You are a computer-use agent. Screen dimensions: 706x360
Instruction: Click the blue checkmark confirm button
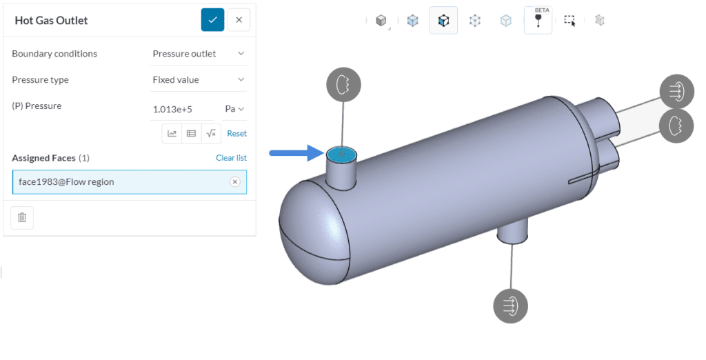point(212,20)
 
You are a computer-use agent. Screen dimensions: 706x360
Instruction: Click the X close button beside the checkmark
point(239,20)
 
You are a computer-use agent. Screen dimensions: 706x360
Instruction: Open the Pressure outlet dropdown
point(198,54)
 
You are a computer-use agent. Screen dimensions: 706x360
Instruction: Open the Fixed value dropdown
point(198,80)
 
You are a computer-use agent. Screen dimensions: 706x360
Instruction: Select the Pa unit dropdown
point(234,109)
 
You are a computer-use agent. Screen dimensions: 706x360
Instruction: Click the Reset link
point(237,133)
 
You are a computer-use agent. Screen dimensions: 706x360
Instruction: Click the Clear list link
point(231,158)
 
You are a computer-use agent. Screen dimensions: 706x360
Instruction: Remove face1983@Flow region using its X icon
point(235,181)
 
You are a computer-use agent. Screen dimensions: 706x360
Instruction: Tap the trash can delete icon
point(22,218)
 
